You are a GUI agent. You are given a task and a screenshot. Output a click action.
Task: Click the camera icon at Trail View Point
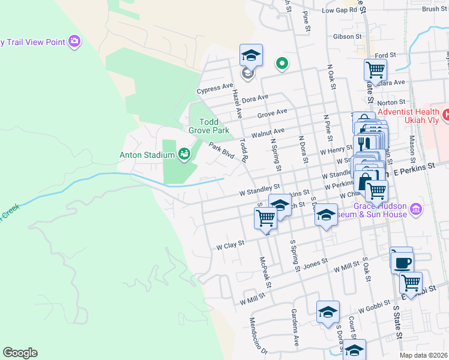coord(74,41)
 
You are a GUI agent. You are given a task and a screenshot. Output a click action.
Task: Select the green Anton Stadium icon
coord(184,155)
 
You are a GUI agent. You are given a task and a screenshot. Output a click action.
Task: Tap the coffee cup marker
coord(402,262)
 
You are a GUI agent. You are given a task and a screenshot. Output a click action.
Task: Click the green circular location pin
coord(281,63)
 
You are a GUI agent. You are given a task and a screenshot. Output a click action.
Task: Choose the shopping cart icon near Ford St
coord(375,70)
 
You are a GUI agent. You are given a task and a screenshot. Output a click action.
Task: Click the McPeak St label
coord(265,272)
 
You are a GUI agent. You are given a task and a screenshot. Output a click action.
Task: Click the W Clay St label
coord(231,245)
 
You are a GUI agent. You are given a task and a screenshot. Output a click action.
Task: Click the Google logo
coord(20,353)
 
